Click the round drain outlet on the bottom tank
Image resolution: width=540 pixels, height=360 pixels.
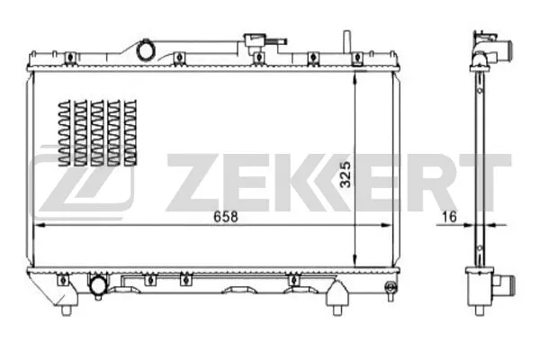97,287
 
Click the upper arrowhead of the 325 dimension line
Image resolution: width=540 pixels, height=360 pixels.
357,76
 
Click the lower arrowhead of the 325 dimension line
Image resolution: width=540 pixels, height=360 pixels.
357,260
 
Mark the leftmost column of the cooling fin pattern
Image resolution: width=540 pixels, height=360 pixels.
63,132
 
